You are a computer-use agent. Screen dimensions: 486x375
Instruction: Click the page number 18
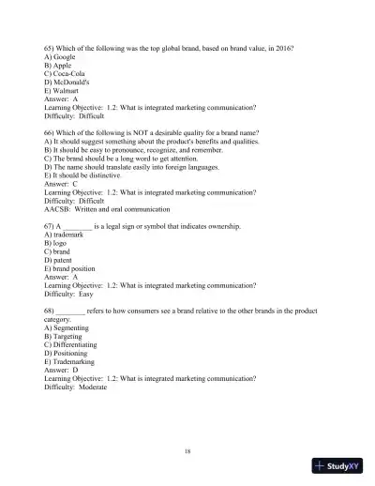(188, 450)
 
